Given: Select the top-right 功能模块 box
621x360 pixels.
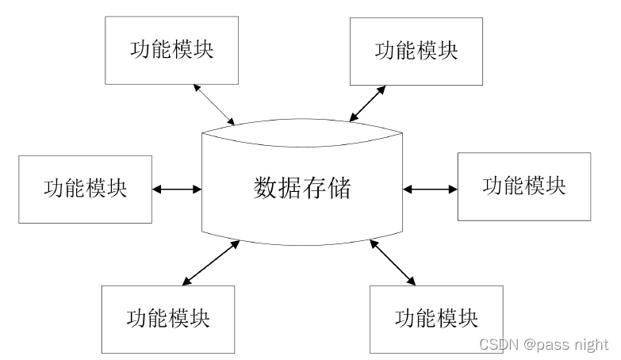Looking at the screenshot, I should pos(416,50).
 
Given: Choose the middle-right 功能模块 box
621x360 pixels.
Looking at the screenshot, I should pos(524,186).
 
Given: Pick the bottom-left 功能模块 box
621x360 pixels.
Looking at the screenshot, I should pos(168,318).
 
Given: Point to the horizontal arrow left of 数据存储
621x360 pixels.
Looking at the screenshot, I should pos(177,189).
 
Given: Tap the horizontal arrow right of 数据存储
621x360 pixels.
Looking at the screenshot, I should pos(430,189).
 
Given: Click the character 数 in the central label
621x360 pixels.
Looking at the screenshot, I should pos(266,189).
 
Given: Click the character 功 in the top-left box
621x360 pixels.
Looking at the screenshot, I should pos(140,49).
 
